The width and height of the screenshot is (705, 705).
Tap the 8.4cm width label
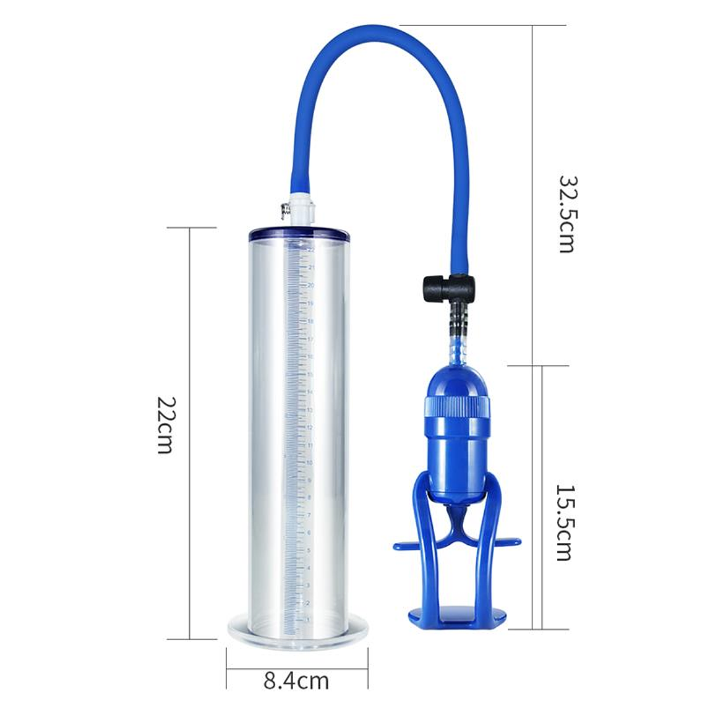296,681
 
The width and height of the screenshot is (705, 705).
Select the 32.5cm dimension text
566,213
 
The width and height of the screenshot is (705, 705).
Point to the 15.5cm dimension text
563,522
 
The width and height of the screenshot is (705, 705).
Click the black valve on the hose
449,288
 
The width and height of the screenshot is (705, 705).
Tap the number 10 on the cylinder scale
310,463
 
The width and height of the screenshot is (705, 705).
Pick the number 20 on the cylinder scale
311,286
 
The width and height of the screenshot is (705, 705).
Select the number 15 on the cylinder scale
310,374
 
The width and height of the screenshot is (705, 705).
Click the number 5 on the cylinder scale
309,550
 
